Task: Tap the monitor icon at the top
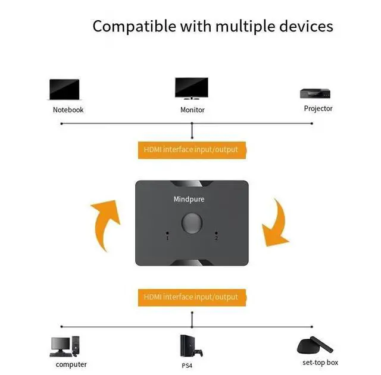(191, 89)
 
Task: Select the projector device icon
(314, 94)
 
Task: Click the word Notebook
(68, 110)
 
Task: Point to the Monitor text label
(192, 110)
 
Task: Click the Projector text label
(318, 109)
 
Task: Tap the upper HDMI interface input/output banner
(191, 149)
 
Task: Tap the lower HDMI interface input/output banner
(191, 297)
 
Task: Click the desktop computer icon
(65, 345)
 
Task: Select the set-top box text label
(320, 363)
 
